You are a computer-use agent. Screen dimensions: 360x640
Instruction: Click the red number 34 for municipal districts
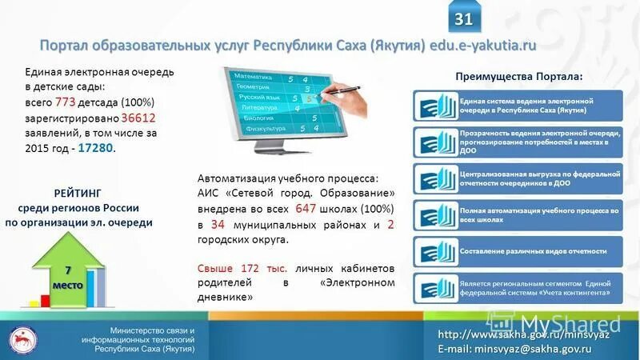(x=218, y=225)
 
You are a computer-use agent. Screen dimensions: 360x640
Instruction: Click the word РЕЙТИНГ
(x=79, y=193)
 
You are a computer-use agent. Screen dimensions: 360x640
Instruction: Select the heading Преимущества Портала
(x=519, y=75)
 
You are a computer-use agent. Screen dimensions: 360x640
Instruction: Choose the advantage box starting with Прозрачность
(x=518, y=141)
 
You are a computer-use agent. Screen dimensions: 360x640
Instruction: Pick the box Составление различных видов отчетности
(x=518, y=250)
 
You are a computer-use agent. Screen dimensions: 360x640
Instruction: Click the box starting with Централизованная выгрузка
(x=518, y=178)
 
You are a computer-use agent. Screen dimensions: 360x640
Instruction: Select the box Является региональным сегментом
(x=518, y=287)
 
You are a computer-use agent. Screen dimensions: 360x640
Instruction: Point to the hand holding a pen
(x=349, y=100)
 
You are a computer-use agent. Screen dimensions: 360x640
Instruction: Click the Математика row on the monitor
(x=264, y=77)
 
